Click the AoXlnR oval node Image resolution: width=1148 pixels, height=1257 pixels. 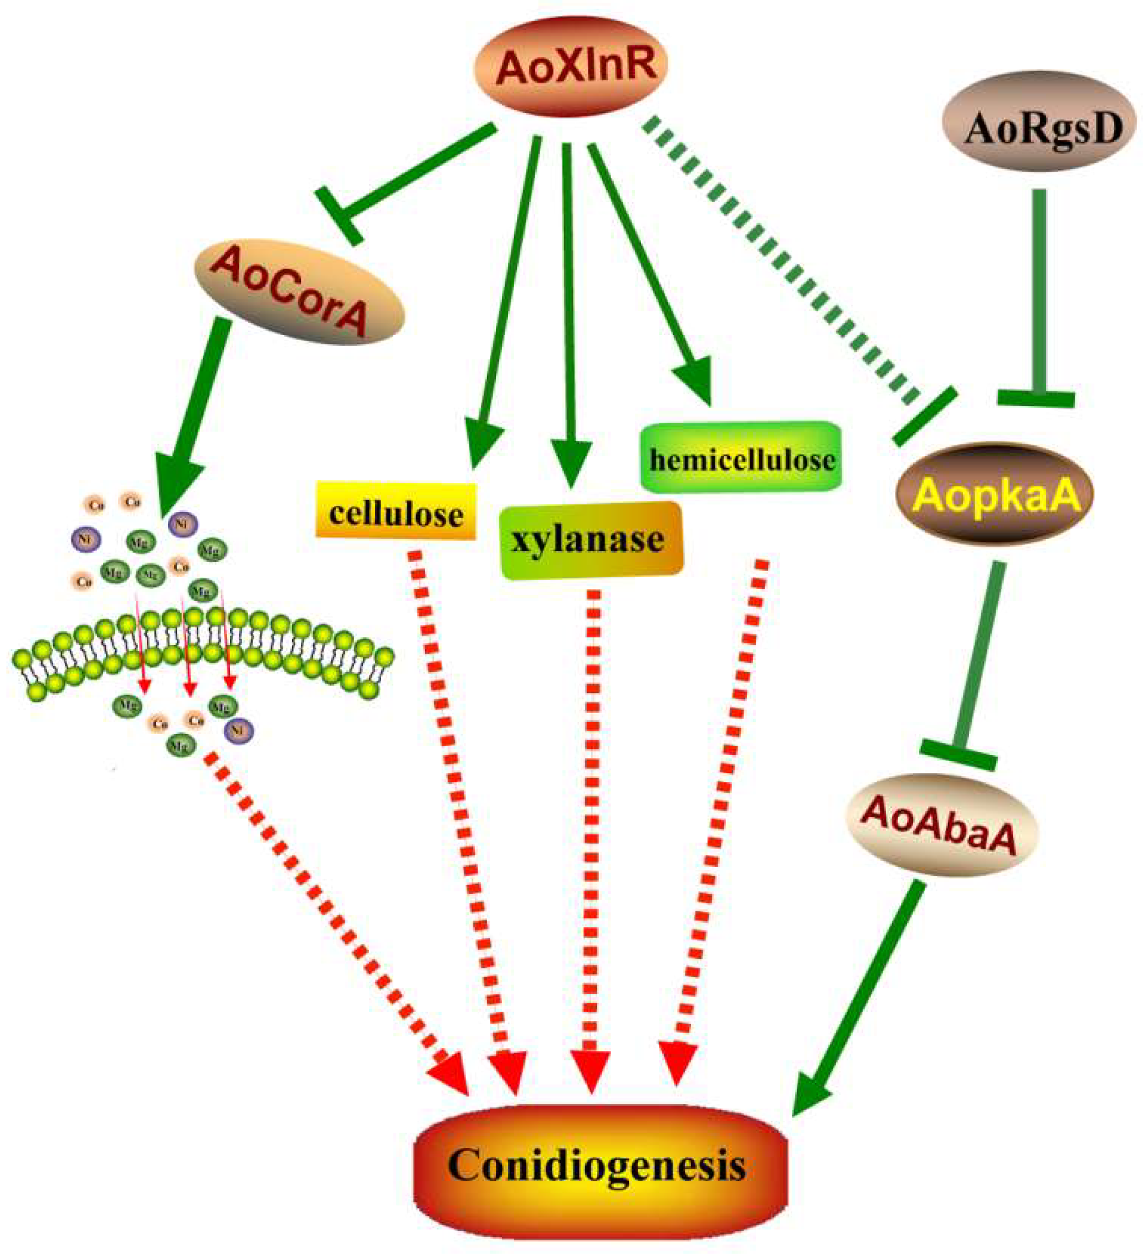tap(571, 65)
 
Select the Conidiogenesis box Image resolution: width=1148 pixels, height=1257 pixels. tap(597, 1164)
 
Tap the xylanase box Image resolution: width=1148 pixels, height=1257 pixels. tap(591, 540)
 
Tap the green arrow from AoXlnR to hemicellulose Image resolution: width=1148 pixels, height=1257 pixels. tap(648, 268)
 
